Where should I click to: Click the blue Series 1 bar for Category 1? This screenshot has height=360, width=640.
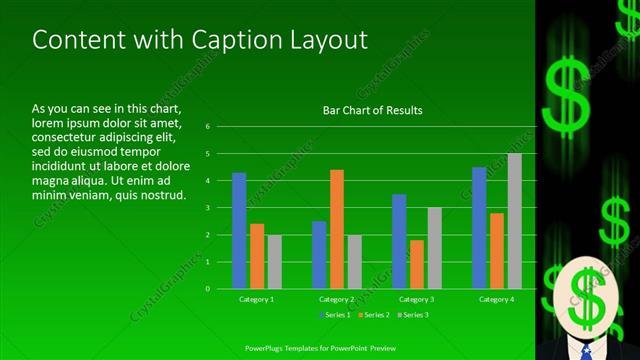239,230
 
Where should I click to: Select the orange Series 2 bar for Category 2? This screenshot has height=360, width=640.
337,229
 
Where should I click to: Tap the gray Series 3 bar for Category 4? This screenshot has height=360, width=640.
514,221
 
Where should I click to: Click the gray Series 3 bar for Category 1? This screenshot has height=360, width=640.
274,261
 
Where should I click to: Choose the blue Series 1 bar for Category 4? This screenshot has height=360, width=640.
479,227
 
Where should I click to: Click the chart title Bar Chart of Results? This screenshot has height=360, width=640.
372,110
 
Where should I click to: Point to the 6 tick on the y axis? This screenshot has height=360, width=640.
207,127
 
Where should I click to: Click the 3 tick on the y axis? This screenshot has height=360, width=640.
207,208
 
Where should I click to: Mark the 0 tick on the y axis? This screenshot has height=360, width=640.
207,288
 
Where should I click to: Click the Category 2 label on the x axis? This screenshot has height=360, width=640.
337,299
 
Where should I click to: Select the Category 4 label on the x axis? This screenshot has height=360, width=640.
496,299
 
